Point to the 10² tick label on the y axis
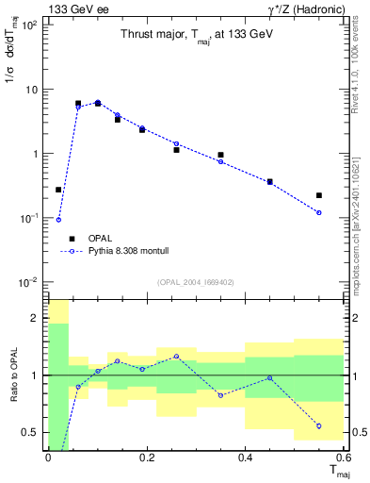tap(30, 25)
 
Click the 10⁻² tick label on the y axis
tap(29, 282)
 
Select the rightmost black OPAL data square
tap(320, 195)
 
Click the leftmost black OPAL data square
tap(58, 190)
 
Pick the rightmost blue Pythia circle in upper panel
tap(320, 212)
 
